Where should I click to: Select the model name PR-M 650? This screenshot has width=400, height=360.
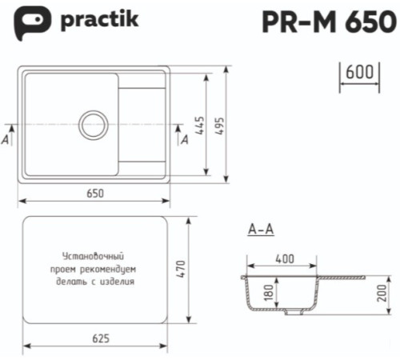[328, 22]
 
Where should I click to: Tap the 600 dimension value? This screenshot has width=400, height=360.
[360, 73]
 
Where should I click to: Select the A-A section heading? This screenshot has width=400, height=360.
[261, 230]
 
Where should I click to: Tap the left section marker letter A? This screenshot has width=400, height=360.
[6, 139]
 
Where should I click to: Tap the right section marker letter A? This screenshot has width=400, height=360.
[185, 140]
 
